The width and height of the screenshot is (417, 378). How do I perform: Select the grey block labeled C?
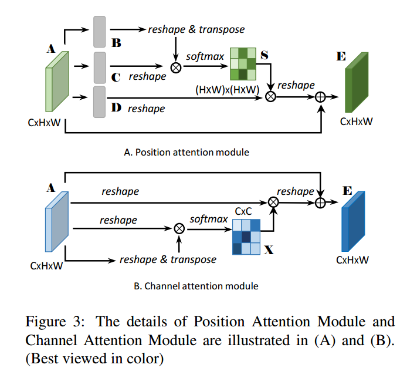tap(99, 66)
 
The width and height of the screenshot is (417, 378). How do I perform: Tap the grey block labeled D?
tap(99, 102)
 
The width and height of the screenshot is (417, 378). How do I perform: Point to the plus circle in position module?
tap(320, 97)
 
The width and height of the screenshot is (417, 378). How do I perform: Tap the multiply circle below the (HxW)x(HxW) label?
tap(270, 97)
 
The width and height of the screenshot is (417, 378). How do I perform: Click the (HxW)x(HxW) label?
tap(228, 89)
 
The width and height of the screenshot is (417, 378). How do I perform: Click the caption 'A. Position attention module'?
tap(187, 152)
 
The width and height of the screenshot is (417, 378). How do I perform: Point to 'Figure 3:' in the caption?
tap(55, 322)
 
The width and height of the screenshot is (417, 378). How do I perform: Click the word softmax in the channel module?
tap(209, 219)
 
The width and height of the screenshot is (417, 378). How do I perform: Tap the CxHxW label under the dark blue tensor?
tap(352, 260)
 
